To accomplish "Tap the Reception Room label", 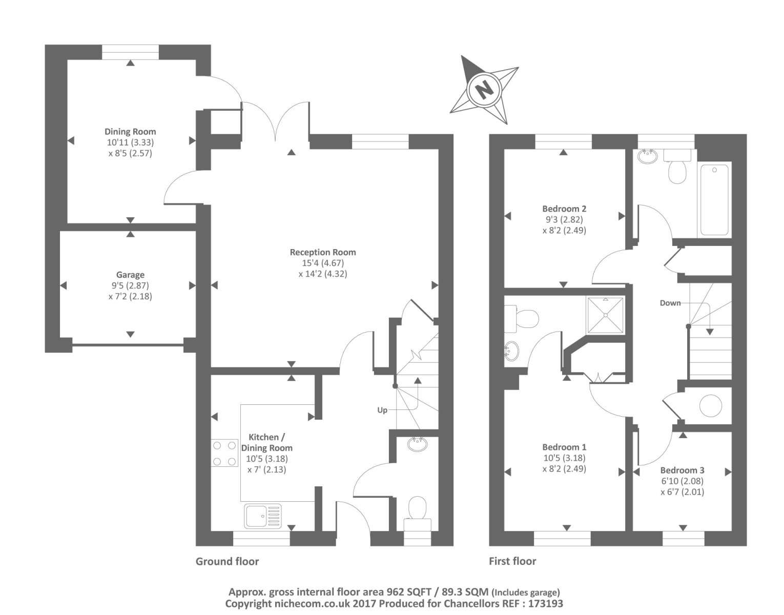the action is coord(322,252).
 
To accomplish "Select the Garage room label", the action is coord(130,275).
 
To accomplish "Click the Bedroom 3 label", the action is coord(682,470).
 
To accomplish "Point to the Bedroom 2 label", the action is coord(564,209).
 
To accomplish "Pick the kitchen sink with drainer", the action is coord(263,516).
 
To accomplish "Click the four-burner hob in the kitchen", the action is coord(224,453).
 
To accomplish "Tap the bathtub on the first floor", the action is coord(713,200).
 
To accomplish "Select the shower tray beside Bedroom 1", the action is coord(606,315).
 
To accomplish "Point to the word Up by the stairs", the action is coord(382,410).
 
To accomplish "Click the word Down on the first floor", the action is coord(670,303).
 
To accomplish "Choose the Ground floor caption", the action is coord(227,561).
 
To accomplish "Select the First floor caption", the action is coord(512,561).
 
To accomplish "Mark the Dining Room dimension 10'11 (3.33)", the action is coord(130,142).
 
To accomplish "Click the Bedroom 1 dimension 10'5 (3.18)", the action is coord(564,458).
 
